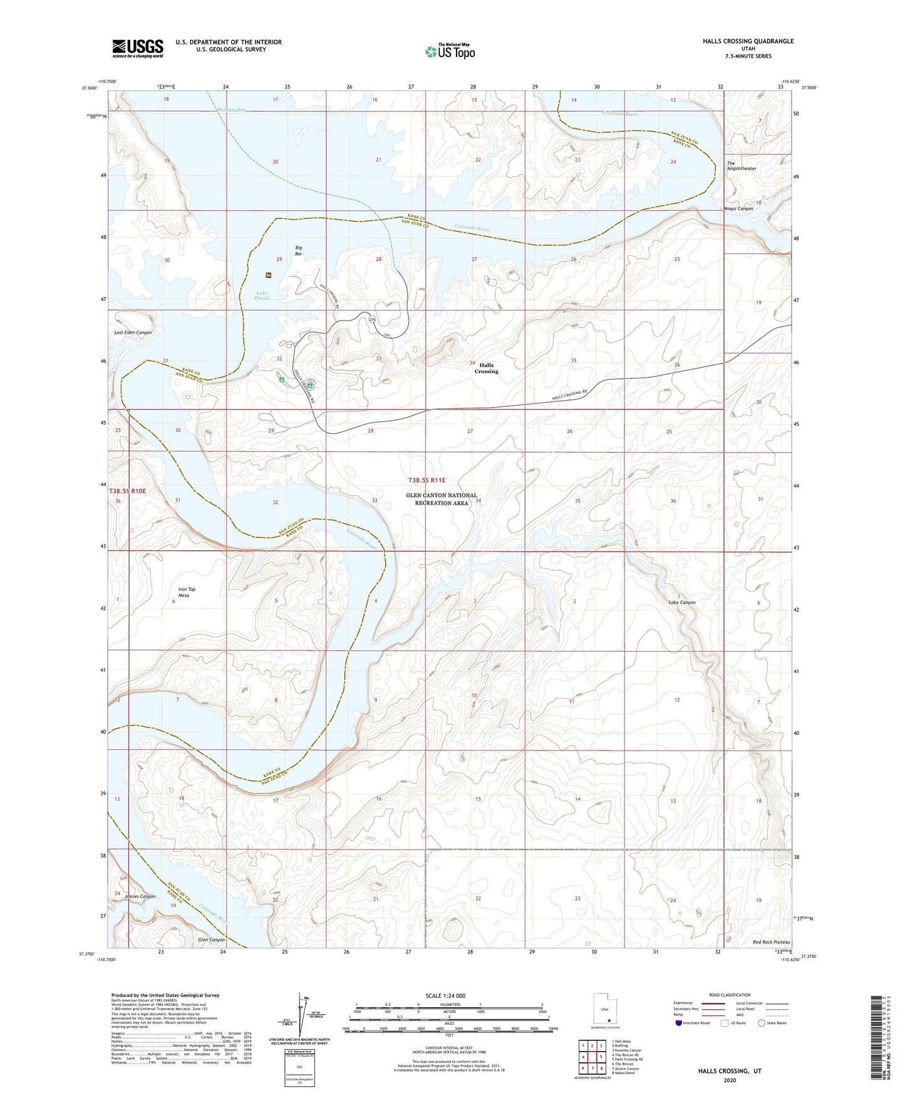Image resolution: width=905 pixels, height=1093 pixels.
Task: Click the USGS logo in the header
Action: [138, 48]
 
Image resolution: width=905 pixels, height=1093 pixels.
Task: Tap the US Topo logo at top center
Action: [450, 51]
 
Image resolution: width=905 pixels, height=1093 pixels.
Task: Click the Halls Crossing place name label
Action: [486, 368]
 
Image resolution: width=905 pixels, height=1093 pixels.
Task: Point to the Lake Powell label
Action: [262, 295]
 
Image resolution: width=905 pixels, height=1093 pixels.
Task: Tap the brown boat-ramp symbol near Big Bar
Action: [269, 275]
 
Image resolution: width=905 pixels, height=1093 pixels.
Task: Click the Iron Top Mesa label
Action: [187, 592]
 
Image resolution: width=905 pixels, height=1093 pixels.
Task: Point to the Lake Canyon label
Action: [681, 602]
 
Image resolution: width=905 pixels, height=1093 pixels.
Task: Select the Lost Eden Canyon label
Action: [133, 332]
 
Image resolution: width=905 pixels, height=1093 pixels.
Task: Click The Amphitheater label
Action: [741, 166]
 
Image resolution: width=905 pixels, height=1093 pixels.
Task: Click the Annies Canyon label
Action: [140, 896]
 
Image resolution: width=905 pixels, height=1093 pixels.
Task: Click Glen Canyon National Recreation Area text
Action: [442, 499]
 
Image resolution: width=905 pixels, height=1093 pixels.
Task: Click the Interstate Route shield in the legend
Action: [679, 1023]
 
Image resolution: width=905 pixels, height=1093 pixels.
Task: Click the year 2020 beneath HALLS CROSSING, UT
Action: [730, 1080]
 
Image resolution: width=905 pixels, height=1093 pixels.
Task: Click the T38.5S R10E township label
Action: [127, 491]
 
